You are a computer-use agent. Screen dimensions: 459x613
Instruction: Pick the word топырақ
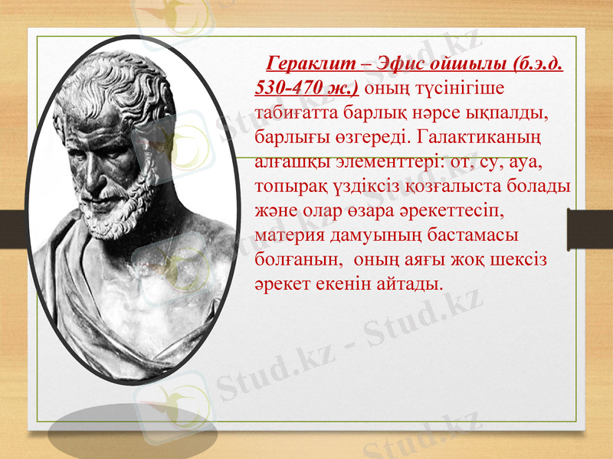click(292, 187)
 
